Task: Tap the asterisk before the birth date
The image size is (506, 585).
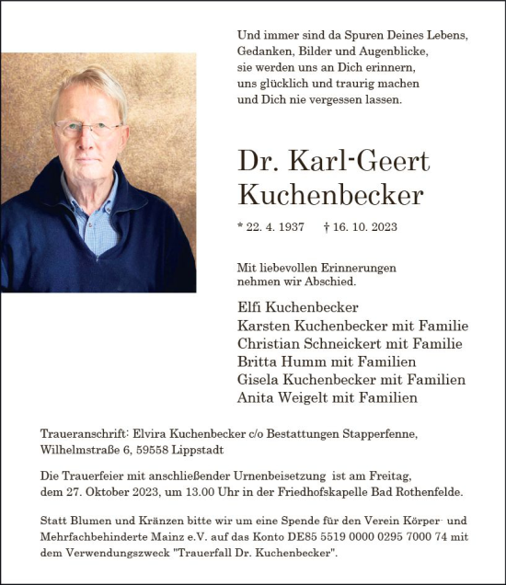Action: [x=240, y=225]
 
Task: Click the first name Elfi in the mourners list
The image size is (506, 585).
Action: [x=251, y=307]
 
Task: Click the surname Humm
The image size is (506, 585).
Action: [x=298, y=361]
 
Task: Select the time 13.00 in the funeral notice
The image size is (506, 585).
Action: [x=206, y=492]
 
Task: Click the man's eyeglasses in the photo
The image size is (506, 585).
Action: [x=86, y=128]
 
